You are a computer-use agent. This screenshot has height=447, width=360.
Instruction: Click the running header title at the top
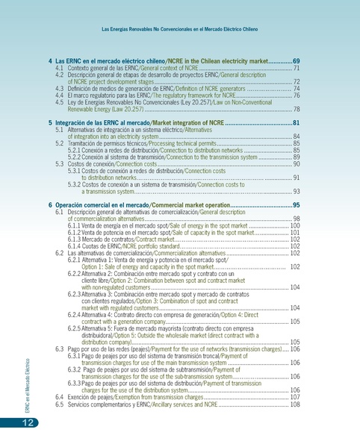pyautogui.click(x=180, y=30)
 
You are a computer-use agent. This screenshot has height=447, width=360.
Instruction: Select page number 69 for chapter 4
pyautogui.click(x=296, y=60)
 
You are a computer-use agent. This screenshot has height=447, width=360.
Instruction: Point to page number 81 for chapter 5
pyautogui.click(x=296, y=122)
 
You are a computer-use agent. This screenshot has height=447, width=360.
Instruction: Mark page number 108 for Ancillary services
pyautogui.click(x=295, y=404)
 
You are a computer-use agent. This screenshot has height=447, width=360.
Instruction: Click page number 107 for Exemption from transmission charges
pyautogui.click(x=295, y=397)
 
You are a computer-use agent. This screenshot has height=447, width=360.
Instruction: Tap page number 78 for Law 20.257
pyautogui.click(x=297, y=109)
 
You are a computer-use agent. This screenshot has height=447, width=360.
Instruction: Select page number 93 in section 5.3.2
pyautogui.click(x=297, y=192)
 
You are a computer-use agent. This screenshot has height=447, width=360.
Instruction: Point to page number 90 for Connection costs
pyautogui.click(x=297, y=163)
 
